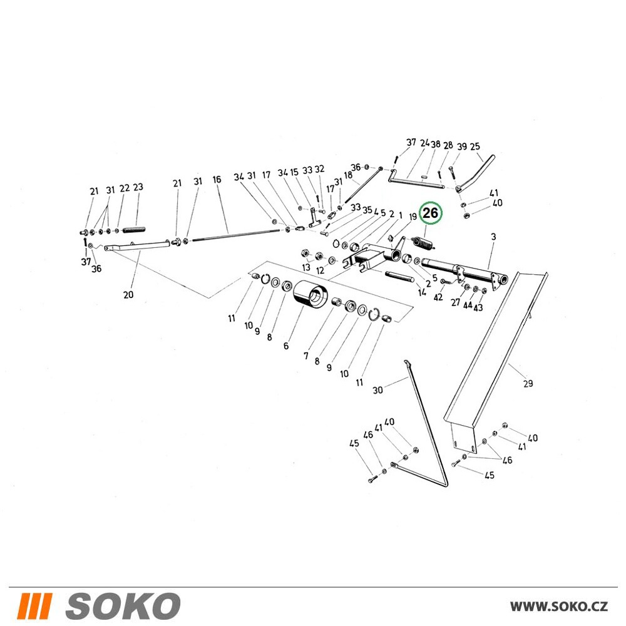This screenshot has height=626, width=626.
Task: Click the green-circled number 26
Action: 430,213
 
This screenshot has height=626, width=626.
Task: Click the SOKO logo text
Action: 122,605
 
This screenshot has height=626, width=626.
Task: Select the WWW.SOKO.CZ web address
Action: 558,606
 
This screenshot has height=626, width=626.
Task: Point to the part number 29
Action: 528,383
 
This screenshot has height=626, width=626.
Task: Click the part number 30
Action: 377,389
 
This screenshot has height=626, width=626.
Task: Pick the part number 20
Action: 128,295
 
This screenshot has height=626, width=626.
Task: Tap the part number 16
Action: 217,179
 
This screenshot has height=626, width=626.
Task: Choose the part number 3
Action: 493,237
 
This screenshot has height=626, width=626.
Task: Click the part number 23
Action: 138,187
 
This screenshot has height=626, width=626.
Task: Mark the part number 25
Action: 475,146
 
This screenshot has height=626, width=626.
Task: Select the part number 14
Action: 422,292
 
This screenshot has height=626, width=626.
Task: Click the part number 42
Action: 438,297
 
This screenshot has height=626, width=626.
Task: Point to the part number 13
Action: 306,267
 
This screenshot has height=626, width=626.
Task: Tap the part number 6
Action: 286,346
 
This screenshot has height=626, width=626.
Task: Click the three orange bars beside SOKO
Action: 34,605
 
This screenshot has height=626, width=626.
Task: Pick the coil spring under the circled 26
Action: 422,244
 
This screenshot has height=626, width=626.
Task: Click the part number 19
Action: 413,216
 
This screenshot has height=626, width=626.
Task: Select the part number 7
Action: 306,356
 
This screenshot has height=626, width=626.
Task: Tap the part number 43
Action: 478,307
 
